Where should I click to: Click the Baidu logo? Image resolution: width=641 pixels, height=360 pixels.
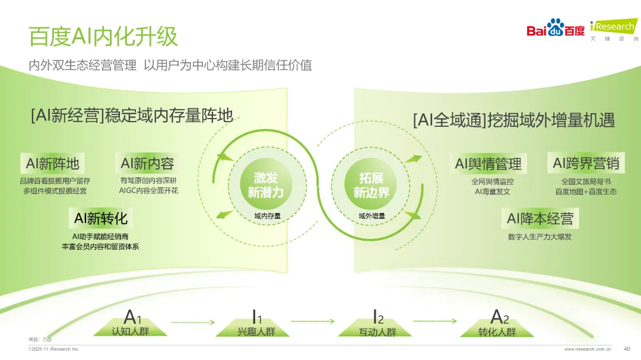(x=556, y=28)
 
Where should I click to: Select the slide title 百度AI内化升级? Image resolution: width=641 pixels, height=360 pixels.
(x=103, y=36)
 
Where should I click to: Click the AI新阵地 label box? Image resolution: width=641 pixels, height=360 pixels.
(x=53, y=164)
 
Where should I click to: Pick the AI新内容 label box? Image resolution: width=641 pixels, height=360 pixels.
(x=147, y=164)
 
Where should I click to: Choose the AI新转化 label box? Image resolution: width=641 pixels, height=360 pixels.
(x=100, y=218)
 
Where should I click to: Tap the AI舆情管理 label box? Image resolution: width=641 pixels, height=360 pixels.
(x=488, y=164)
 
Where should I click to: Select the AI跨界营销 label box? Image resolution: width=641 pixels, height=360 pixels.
(x=586, y=163)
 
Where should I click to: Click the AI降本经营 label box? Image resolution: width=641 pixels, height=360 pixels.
(x=540, y=219)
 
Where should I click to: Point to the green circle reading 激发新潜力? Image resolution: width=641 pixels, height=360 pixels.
(x=266, y=184)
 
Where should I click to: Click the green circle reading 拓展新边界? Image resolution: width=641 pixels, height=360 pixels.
(x=371, y=184)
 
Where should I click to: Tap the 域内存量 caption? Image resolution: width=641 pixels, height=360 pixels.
(x=267, y=216)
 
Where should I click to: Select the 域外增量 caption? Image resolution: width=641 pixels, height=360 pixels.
(x=372, y=216)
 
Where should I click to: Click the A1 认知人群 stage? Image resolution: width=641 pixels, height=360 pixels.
(x=131, y=323)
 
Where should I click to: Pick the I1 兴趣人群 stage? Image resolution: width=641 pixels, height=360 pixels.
(x=256, y=323)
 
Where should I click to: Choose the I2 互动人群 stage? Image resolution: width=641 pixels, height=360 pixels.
(x=377, y=323)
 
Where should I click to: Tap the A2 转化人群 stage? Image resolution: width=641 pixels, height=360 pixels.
(x=497, y=323)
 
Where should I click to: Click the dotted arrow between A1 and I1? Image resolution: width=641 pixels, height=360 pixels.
(x=192, y=323)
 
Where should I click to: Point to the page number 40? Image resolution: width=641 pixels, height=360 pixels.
(x=627, y=349)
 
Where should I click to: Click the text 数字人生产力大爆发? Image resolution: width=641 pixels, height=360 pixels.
(x=540, y=237)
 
